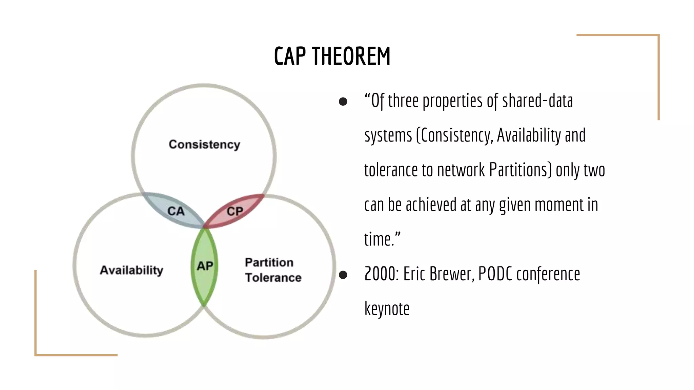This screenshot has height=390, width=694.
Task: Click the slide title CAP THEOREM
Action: [332, 56]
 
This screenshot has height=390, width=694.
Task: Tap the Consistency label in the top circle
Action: [204, 145]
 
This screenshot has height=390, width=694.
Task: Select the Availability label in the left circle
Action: [131, 270]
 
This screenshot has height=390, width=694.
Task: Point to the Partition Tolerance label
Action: [273, 270]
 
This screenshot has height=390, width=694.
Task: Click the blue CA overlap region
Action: [176, 211]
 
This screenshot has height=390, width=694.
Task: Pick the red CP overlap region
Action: [235, 211]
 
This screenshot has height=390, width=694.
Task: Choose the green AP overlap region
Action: [205, 266]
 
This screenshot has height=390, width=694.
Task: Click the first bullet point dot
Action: [343, 102]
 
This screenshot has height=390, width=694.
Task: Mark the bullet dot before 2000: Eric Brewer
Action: [343, 275]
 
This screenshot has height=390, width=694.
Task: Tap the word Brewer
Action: [452, 274]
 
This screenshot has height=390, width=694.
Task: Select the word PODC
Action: [495, 274]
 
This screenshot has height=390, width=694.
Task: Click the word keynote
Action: [387, 309]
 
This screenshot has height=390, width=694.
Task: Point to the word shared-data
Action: [537, 101]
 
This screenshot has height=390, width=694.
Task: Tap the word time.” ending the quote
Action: [382, 239]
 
